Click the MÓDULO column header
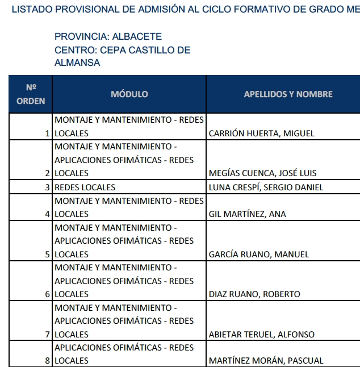pos(129,94)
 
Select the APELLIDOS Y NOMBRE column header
pos(288,94)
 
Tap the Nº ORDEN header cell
pos(31,94)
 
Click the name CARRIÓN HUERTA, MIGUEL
pos(262,134)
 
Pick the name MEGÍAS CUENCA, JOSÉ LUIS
pos(263,173)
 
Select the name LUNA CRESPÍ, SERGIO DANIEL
pos(266,187)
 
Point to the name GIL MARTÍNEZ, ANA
pos(248,214)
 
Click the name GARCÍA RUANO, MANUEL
pos(259,255)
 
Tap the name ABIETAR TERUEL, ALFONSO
pos(262,335)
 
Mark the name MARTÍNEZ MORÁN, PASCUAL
pos(266,361)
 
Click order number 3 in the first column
pos(48,187)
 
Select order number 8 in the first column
pos(48,361)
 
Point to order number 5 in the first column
pos(48,255)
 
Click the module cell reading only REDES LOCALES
pos(85,187)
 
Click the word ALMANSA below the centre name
pos(77,63)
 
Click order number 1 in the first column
pos(48,134)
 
